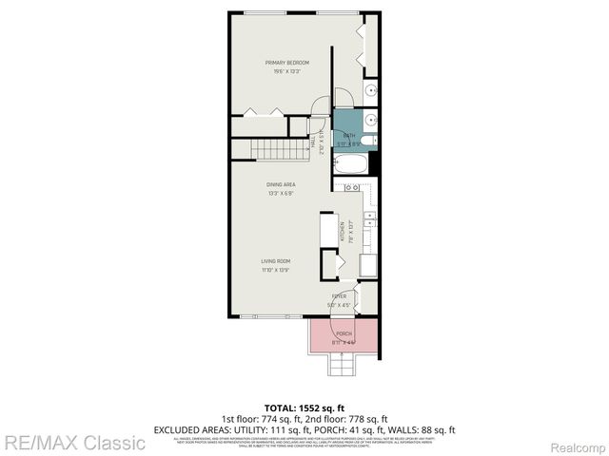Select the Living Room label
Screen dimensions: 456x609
[277, 260]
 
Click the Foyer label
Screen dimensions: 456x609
[339, 296]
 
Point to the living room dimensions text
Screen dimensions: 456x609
[277, 269]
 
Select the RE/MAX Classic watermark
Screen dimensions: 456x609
[73, 442]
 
